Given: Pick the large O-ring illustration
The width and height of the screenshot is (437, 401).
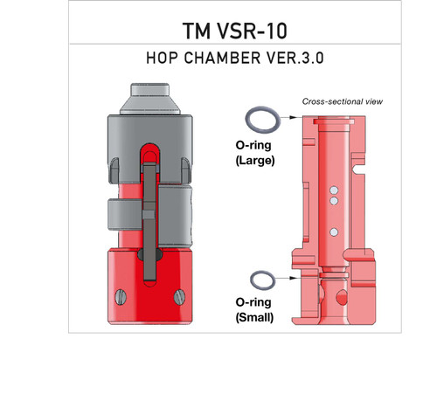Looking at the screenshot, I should point(262,118).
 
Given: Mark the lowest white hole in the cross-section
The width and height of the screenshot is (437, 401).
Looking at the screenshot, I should point(334,232).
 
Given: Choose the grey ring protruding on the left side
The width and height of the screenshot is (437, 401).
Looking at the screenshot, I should point(115,214).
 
